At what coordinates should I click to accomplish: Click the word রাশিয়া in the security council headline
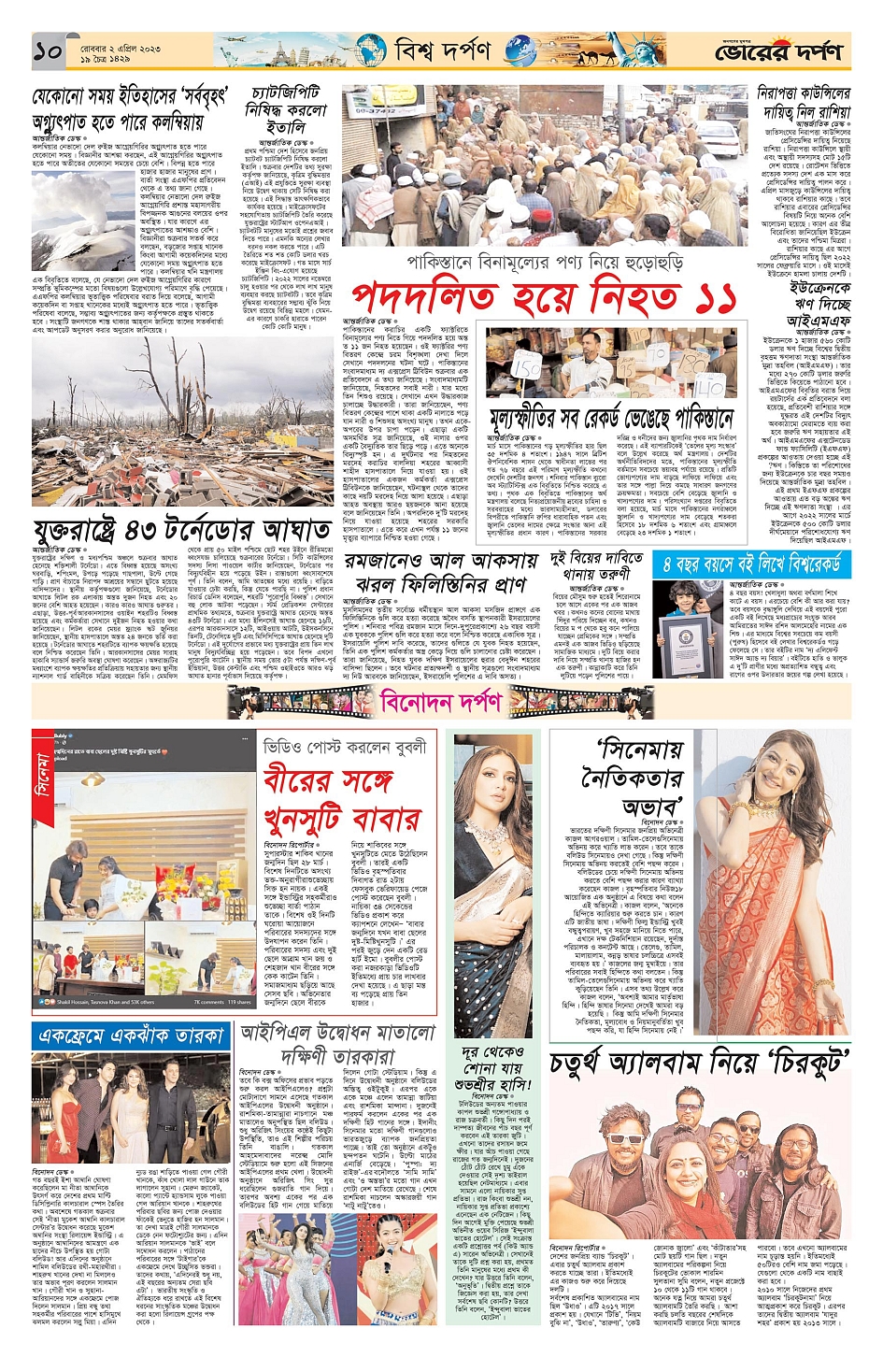[819, 111]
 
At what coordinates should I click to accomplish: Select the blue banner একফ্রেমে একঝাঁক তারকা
[131, 1036]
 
